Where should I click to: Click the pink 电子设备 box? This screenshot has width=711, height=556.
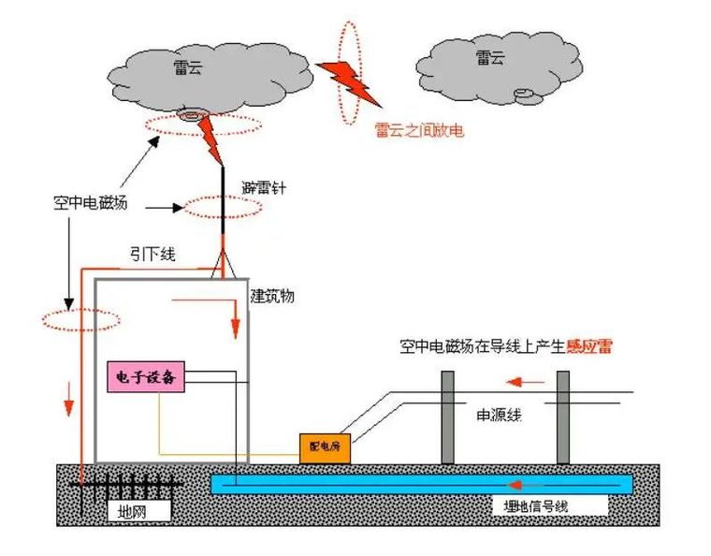click(x=146, y=377)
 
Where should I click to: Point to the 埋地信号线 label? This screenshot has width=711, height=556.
click(x=530, y=506)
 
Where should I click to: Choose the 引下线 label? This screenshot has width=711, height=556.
click(x=149, y=253)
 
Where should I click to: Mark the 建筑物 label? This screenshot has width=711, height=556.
click(x=272, y=296)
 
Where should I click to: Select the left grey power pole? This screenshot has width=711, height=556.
click(x=448, y=417)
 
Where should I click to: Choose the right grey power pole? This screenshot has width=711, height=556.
click(x=562, y=417)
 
